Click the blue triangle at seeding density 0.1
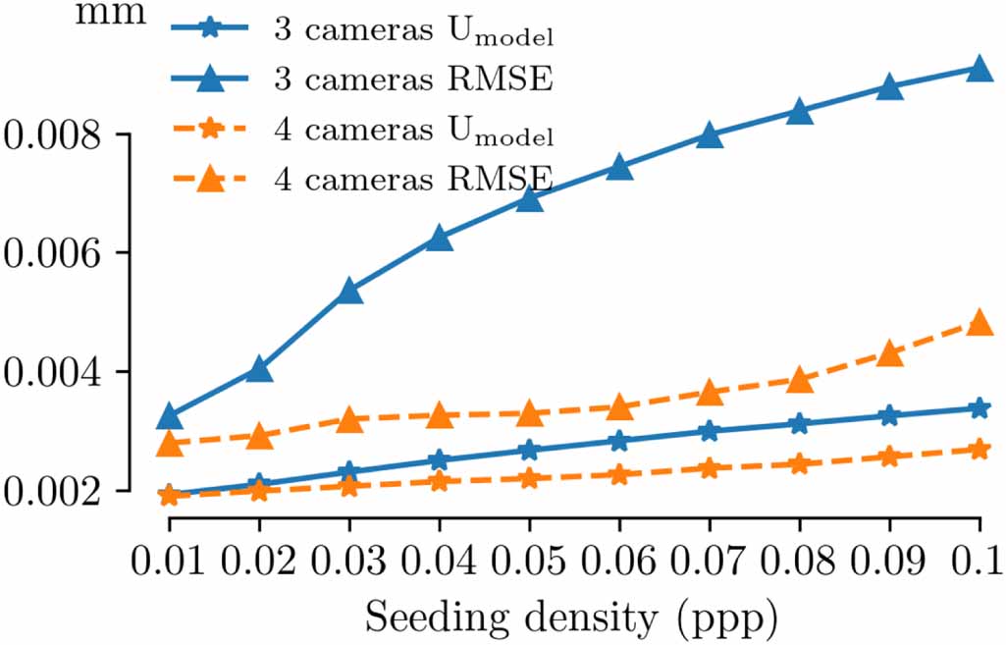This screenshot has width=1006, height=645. (x=979, y=69)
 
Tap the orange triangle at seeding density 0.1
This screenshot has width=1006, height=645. (x=979, y=323)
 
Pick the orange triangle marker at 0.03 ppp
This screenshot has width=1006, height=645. (x=349, y=420)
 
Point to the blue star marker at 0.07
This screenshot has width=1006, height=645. (x=710, y=431)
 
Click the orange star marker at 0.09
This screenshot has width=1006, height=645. (x=889, y=457)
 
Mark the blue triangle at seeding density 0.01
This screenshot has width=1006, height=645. (x=169, y=416)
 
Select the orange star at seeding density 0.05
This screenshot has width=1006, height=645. (x=529, y=478)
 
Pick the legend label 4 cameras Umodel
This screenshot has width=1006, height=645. (x=413, y=129)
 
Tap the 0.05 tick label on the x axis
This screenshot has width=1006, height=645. (x=529, y=562)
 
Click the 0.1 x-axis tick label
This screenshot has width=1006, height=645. (x=979, y=562)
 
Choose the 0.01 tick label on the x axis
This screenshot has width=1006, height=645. (x=169, y=562)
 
